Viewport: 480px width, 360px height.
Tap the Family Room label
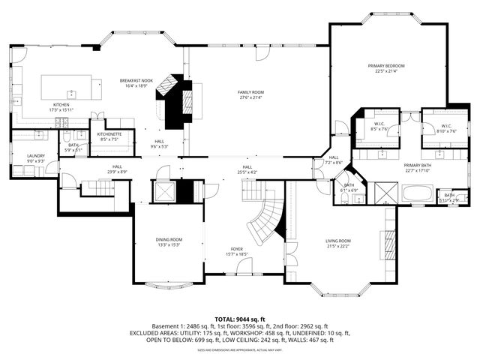click(x=250, y=91)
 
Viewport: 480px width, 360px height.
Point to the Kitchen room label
click(x=61, y=104)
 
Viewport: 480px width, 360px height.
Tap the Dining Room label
click(x=169, y=240)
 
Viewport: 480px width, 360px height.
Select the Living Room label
click(x=338, y=241)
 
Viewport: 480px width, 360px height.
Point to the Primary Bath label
click(x=418, y=165)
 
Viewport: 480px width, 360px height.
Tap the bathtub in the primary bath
click(x=418, y=193)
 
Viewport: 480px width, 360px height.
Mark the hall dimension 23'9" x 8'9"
click(x=117, y=171)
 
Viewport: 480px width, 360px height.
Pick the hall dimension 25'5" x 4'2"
click(x=247, y=171)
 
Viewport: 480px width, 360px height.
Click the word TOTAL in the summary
click(x=227, y=319)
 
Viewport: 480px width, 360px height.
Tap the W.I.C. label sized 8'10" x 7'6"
click(x=446, y=125)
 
